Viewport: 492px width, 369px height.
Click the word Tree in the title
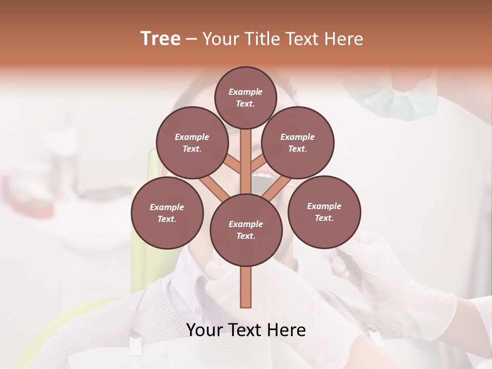160,39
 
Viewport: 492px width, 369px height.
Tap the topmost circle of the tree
245,97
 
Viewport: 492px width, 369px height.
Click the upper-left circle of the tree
192,142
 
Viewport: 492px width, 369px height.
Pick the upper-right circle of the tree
298,142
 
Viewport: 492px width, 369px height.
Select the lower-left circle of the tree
167,213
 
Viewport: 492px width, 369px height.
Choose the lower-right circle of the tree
324,212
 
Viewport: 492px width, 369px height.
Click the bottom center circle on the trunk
246,230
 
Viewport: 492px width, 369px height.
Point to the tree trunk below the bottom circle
246,287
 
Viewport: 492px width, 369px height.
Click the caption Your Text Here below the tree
246,330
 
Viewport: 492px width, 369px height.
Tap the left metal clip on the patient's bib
135,342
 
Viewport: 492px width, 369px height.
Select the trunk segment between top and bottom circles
246,161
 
